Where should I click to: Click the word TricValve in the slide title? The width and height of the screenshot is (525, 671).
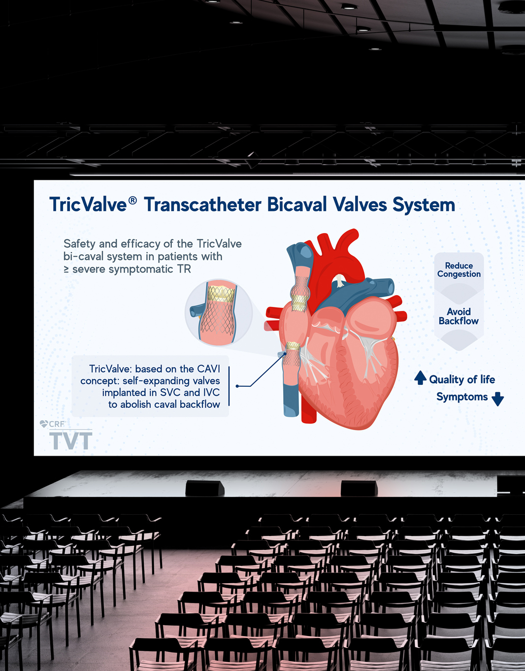88,204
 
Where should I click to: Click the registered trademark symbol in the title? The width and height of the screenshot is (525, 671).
132,201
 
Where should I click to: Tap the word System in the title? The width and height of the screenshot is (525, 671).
424,205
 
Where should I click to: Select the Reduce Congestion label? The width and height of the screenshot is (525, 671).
459,269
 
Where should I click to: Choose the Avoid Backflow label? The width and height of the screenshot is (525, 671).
459,316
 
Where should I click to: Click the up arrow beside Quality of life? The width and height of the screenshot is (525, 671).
420,377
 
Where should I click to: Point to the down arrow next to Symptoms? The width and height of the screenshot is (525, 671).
497,399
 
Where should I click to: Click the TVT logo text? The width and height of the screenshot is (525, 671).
71,440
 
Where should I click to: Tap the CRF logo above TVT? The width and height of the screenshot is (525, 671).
53,424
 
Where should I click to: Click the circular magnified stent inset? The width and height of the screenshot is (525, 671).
219,312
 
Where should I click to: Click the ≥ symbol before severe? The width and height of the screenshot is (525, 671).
66,269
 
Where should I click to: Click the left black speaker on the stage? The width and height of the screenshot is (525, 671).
204,488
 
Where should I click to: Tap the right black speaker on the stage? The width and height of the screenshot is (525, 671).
359,488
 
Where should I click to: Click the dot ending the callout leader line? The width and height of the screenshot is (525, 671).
237,386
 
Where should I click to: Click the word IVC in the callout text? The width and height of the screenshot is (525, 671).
211,392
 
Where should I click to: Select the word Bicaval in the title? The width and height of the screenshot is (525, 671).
297,204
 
